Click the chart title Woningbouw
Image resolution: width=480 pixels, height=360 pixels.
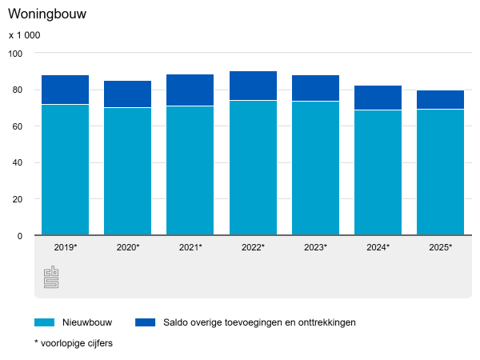[47, 14]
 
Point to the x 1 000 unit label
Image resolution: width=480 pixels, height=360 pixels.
[24, 35]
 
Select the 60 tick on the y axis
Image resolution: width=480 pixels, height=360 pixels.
[18, 126]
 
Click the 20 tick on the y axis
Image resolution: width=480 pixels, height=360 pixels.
[18, 199]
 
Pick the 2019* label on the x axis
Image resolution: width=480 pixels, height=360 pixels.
[66, 248]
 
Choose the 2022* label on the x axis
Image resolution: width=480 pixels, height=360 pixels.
[253, 248]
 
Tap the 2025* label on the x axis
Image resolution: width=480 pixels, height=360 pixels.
[440, 248]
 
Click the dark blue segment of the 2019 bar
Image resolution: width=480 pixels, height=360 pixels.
[66, 90]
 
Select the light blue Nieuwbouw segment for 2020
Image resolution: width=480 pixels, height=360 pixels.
[128, 171]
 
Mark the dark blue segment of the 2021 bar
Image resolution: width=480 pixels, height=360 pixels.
[190, 90]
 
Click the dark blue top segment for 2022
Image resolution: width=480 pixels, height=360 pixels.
[253, 86]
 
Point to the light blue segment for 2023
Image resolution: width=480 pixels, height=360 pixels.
[315, 168]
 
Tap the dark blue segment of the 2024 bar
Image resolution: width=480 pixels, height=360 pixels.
[378, 98]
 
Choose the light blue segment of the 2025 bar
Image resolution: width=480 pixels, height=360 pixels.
[440, 172]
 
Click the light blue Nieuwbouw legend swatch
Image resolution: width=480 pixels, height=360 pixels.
[44, 322]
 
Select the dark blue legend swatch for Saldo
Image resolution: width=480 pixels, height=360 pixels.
[145, 322]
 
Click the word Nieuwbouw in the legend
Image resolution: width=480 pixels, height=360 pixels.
[87, 322]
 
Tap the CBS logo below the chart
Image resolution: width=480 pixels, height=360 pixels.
[51, 278]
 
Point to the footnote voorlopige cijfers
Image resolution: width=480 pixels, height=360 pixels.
[73, 343]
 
